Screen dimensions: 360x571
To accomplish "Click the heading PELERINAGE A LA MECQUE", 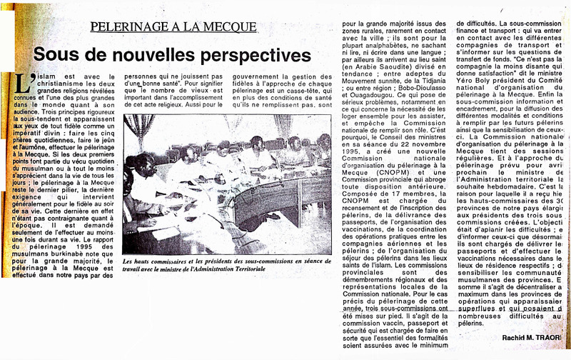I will tap(173, 26).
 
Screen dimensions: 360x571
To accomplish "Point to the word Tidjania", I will tap(457, 66).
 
